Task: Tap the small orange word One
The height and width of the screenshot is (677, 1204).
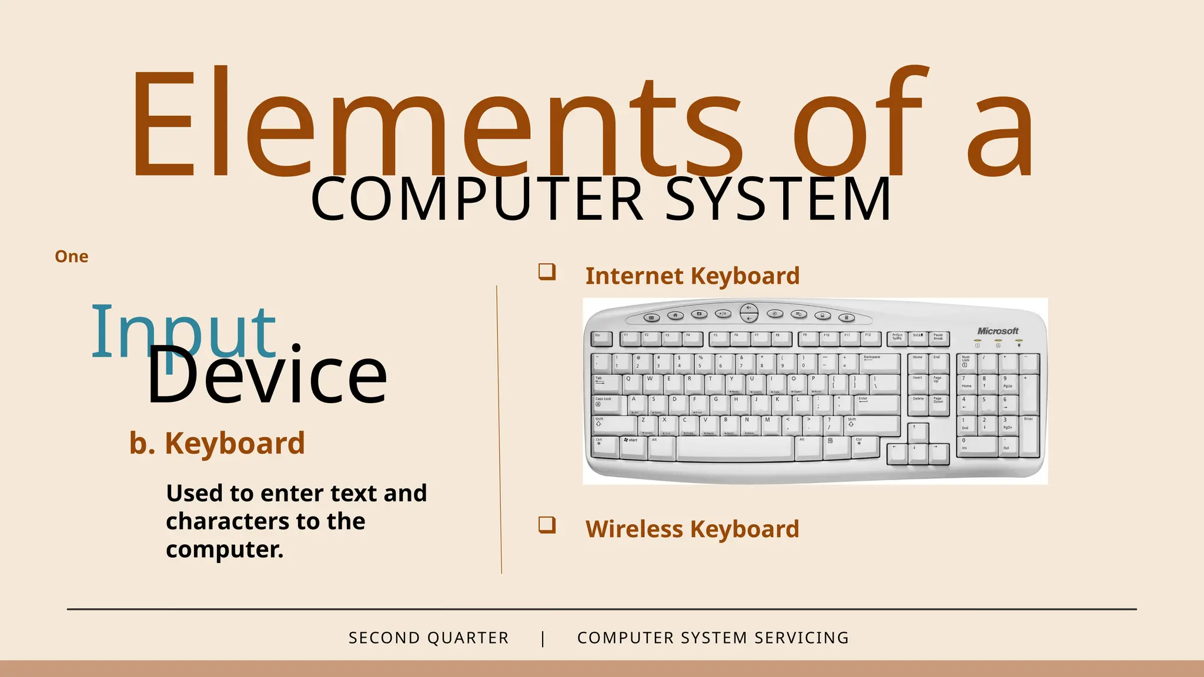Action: click(72, 257)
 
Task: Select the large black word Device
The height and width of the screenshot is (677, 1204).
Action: click(267, 376)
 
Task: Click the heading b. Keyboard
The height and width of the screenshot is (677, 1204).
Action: click(217, 443)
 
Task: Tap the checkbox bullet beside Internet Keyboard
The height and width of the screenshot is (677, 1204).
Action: click(547, 272)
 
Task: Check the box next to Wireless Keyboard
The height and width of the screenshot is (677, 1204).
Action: click(547, 525)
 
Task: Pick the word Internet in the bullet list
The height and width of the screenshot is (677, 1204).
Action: click(634, 276)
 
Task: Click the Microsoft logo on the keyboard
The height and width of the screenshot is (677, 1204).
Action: click(998, 331)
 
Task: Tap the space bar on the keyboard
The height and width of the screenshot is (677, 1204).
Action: click(735, 448)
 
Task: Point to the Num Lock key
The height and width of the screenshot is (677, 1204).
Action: click(966, 361)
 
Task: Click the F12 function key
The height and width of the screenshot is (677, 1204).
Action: click(870, 338)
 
